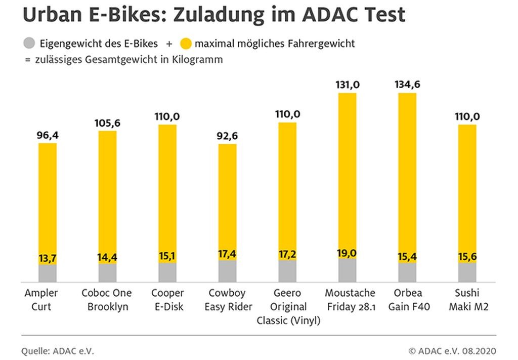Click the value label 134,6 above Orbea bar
[x=407, y=84]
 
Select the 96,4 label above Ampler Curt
[x=48, y=135]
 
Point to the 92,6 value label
[x=227, y=136]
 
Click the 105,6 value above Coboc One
[x=107, y=123]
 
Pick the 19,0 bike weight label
[x=347, y=253]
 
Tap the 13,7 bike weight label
[x=48, y=258]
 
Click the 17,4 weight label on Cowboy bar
[x=227, y=254]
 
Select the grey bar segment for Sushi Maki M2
[x=467, y=272]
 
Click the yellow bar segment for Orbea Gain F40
[x=407, y=172]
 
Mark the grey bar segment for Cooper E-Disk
[x=167, y=272]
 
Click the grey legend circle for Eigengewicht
[x=30, y=44]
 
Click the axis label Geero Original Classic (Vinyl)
[x=288, y=307]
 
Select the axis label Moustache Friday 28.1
[x=350, y=300]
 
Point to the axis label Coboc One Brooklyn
[x=107, y=300]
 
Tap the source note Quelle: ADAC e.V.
[x=58, y=351]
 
